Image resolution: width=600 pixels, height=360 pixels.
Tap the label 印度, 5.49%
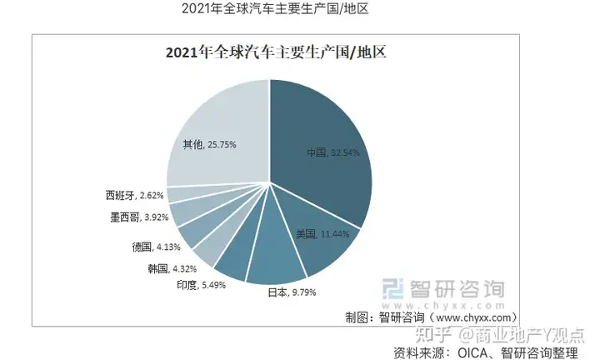(x=199, y=285)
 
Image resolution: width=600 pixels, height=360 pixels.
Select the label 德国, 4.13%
(x=156, y=247)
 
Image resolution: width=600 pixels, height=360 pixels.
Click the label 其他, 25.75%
(x=209, y=144)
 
